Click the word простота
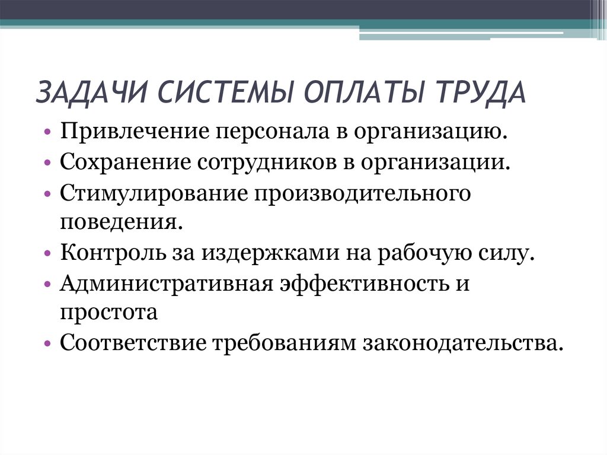[x=108, y=312]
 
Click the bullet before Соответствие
[x=47, y=344]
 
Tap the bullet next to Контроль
[x=47, y=254]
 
